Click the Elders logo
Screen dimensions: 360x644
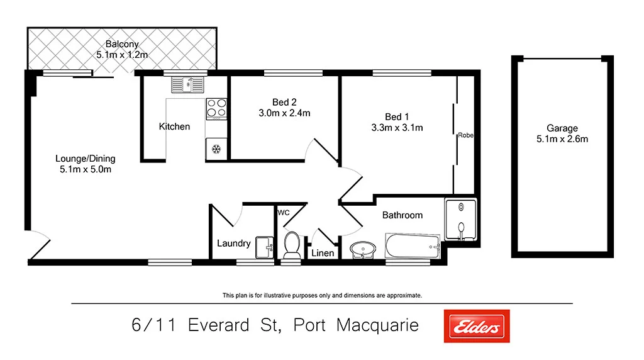coord(477,326)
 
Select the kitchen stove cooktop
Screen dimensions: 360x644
coord(216,108)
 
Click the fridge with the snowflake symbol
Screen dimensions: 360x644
coord(216,149)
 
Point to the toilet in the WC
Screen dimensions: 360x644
coord(292,245)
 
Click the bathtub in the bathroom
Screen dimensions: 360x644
coord(413,246)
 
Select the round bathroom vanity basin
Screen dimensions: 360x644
coord(362,250)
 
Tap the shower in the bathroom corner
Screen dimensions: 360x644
coord(461,220)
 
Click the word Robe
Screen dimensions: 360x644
coord(465,135)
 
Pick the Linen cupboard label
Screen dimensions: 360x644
coord(323,253)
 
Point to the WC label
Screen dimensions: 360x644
coord(284,213)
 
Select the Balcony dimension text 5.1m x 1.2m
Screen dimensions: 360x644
coord(122,55)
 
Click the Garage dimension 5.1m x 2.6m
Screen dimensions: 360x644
coord(562,139)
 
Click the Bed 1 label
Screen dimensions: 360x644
coord(397,116)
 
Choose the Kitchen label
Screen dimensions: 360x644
coord(174,127)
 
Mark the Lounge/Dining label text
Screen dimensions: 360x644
coord(86,159)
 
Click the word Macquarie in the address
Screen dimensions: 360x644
coord(377,325)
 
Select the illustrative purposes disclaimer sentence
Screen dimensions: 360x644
coord(322,295)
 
